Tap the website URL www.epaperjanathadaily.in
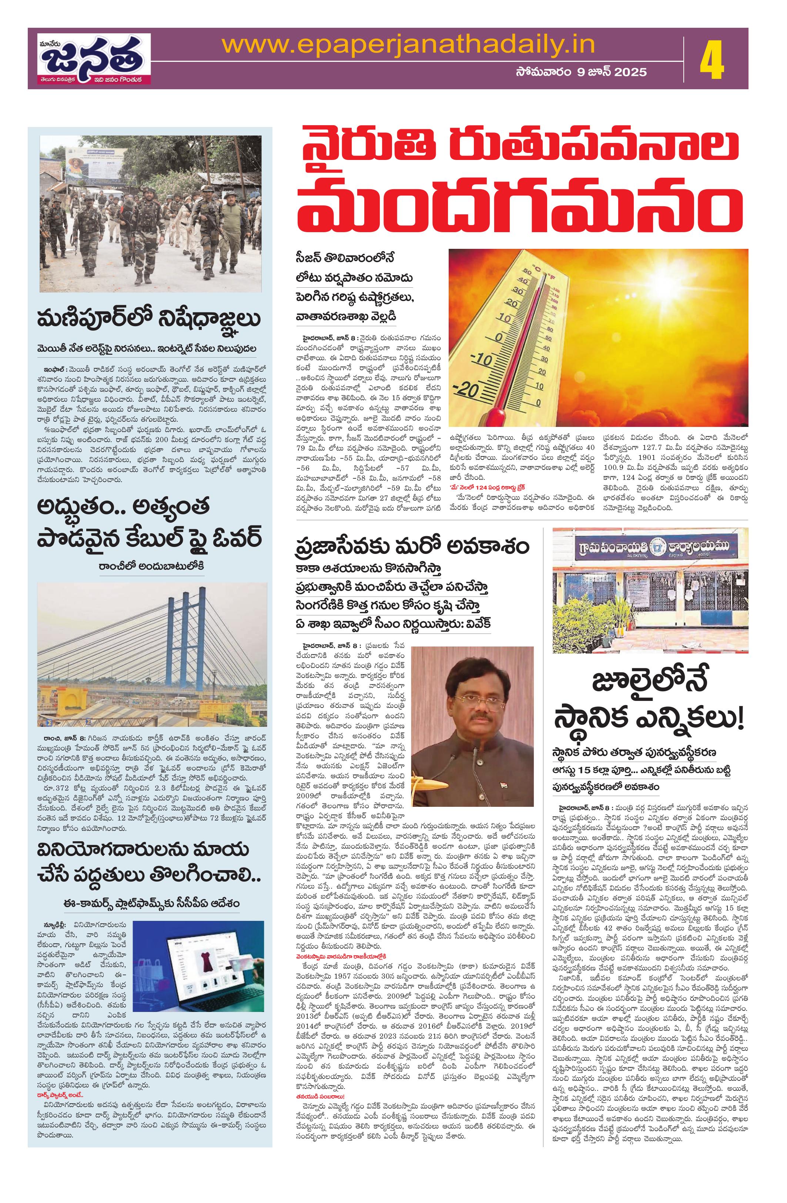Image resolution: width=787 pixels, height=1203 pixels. pos(408,46)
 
